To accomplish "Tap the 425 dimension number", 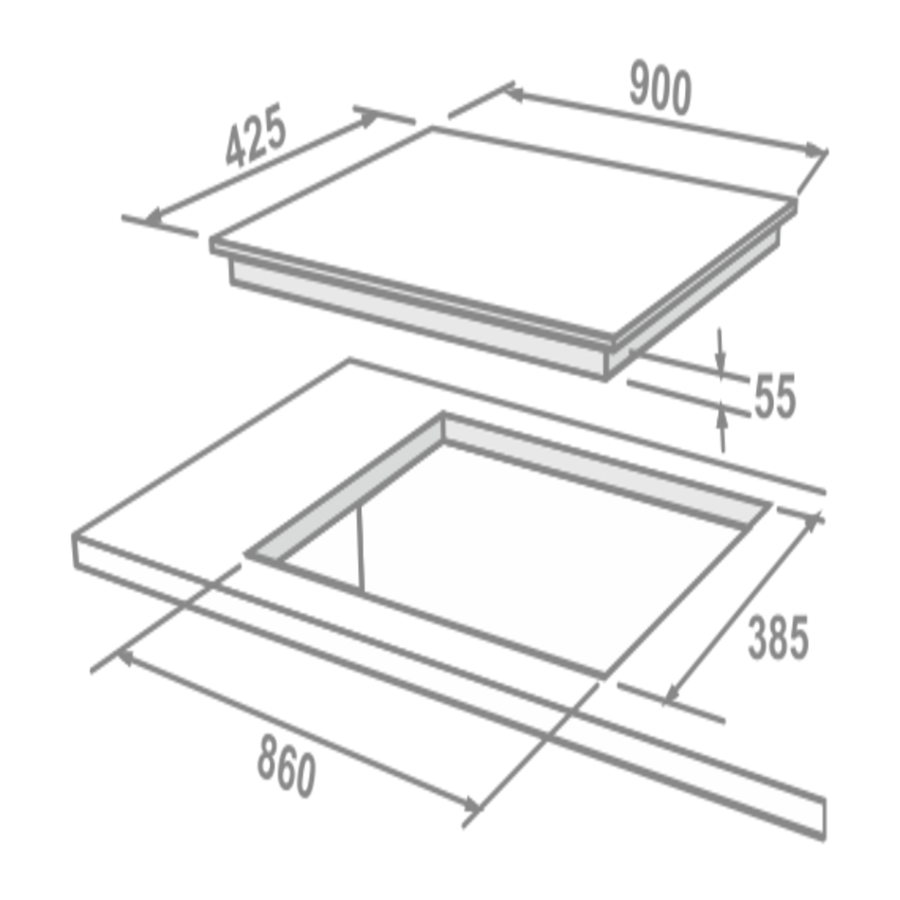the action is point(256,135).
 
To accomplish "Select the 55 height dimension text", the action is point(774,396).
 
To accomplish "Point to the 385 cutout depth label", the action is point(779,638).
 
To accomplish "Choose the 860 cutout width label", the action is point(286,765).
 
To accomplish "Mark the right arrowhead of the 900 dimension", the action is point(815,151).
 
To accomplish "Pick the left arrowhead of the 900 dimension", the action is point(514,93).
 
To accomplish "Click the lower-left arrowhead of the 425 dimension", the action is point(156,216).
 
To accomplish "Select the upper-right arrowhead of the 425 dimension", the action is point(367,118).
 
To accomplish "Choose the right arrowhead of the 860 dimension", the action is point(471,804).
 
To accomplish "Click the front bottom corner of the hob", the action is point(605,379).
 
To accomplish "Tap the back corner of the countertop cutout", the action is point(442,413).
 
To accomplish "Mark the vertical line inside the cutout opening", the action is point(360,549).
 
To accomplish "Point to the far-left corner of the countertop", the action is point(74,536).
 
